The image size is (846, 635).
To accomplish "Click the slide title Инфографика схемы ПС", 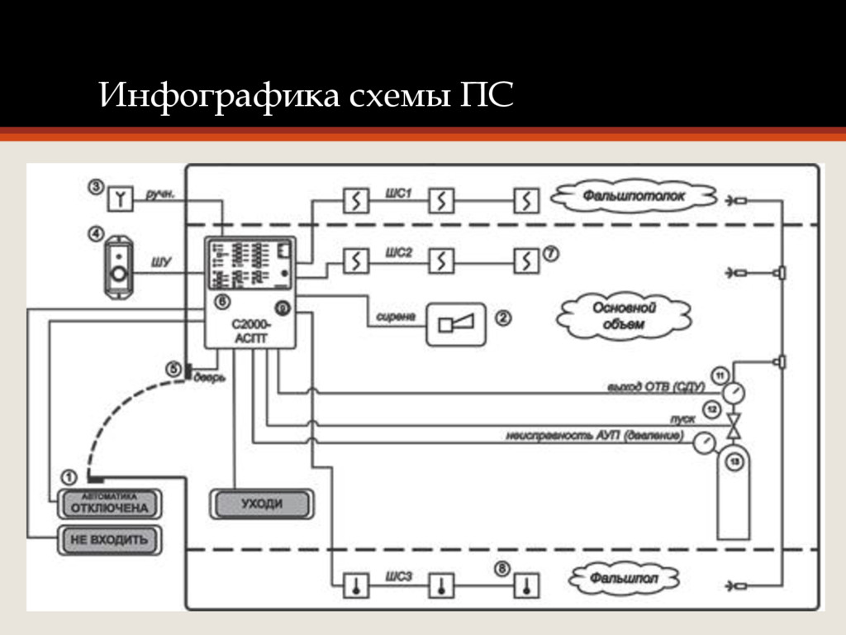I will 306,96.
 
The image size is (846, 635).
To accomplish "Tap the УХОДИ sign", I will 262,504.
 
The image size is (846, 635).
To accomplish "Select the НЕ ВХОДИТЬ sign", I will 109,540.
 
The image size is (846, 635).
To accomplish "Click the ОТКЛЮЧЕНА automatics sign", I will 109,504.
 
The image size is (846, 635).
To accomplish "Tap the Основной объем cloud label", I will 624,316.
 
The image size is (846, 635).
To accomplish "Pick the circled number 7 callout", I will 550,254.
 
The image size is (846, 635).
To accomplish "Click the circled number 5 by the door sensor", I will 173,369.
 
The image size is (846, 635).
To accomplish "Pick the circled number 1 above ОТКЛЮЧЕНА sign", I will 69,477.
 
